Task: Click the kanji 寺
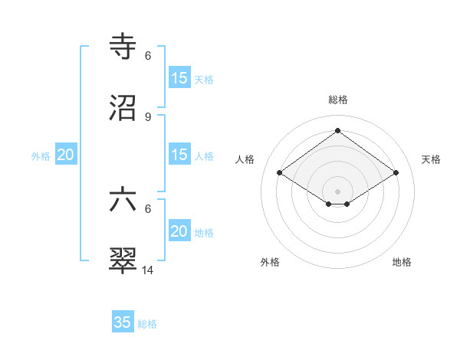pyautogui.click(x=123, y=47)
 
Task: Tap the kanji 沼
pyautogui.click(x=123, y=109)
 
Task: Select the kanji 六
pyautogui.click(x=123, y=201)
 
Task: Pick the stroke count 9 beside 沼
pyautogui.click(x=148, y=116)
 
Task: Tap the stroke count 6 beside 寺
pyautogui.click(x=148, y=55)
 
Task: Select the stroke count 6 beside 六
pyautogui.click(x=148, y=208)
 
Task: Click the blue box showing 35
pyautogui.click(x=123, y=322)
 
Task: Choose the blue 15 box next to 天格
pyautogui.click(x=179, y=78)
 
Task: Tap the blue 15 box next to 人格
pyautogui.click(x=179, y=155)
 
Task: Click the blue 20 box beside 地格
pyautogui.click(x=179, y=231)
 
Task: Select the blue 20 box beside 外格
pyautogui.click(x=66, y=155)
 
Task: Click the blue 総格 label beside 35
pyautogui.click(x=147, y=324)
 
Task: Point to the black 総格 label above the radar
pyautogui.click(x=338, y=100)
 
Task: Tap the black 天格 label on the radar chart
pyautogui.click(x=432, y=159)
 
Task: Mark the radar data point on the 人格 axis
pyautogui.click(x=280, y=173)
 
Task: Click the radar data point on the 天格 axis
pyautogui.click(x=396, y=173)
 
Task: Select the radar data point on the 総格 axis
pyautogui.click(x=338, y=130)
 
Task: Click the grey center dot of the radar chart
pyautogui.click(x=338, y=190)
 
